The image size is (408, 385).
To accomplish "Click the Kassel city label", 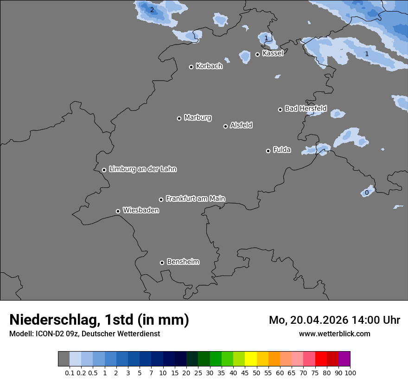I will click(273, 53).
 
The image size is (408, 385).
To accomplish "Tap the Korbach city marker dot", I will click(191, 67).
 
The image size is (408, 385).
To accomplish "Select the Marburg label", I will click(198, 118).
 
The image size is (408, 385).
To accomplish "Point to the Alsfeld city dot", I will click(225, 126).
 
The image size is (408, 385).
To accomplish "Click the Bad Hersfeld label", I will click(306, 109).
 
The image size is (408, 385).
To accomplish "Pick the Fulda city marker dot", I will click(268, 151).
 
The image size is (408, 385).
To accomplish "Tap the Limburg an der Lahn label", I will click(142, 169).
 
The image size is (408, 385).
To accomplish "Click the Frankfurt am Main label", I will click(195, 199).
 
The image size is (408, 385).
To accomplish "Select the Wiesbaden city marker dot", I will click(118, 211).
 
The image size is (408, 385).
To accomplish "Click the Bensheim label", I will click(183, 262).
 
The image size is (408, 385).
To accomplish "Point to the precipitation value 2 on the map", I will click(152, 10).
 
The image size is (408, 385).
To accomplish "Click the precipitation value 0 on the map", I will click(367, 192).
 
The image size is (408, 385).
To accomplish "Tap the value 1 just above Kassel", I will click(266, 38).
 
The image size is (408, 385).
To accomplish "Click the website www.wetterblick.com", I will click(334, 334).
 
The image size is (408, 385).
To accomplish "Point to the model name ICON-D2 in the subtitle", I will click(47, 334).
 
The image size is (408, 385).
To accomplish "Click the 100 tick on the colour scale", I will click(350, 372).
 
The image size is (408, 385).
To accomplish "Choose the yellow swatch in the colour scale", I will click(251, 359).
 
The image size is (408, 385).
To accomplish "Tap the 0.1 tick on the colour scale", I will click(70, 372).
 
